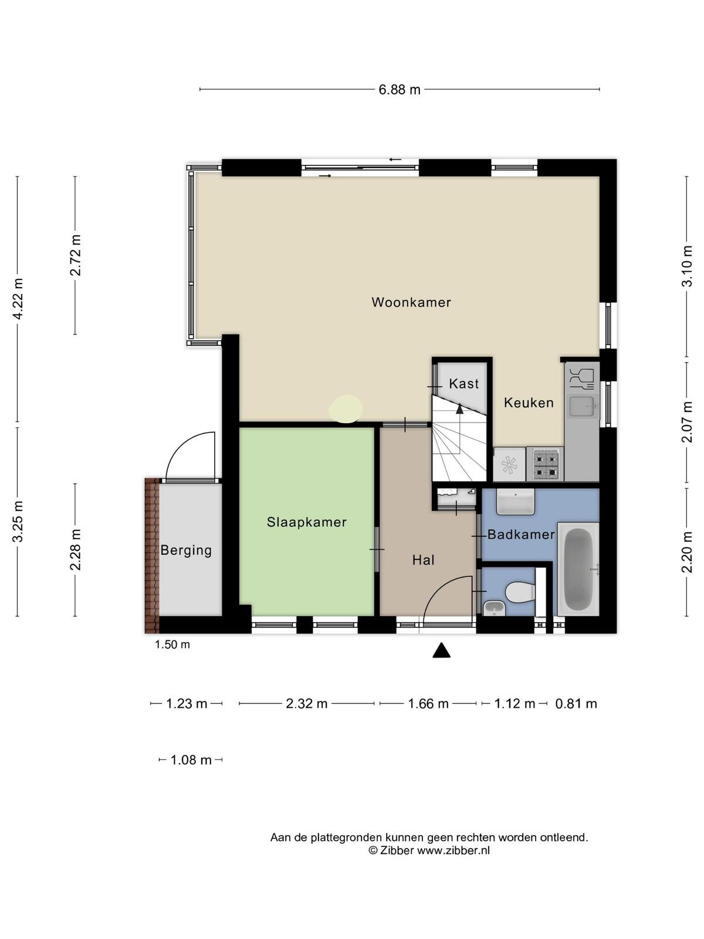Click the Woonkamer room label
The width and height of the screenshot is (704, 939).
[411, 302]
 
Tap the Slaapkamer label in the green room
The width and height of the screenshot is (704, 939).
[306, 522]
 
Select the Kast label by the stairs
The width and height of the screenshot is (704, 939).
[464, 383]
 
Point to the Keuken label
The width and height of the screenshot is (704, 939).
[529, 403]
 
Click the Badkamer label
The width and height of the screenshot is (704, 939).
[521, 534]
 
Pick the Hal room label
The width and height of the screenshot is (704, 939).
[423, 560]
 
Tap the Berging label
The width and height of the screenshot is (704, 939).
[186, 550]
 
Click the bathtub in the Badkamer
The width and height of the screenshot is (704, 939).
[579, 569]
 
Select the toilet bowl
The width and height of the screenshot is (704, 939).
[520, 593]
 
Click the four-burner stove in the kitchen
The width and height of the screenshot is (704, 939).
[546, 464]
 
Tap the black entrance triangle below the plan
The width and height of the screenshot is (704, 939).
[442, 650]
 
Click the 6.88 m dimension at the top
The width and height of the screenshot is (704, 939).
[400, 90]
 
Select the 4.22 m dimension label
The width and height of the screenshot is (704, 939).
[18, 298]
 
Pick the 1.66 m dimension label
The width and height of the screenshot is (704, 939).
[428, 704]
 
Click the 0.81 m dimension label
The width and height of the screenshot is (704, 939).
[576, 704]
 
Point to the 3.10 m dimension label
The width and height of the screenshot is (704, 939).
[687, 266]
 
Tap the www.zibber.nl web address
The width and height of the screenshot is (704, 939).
[453, 850]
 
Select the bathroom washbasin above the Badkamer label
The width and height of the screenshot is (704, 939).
[516, 502]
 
